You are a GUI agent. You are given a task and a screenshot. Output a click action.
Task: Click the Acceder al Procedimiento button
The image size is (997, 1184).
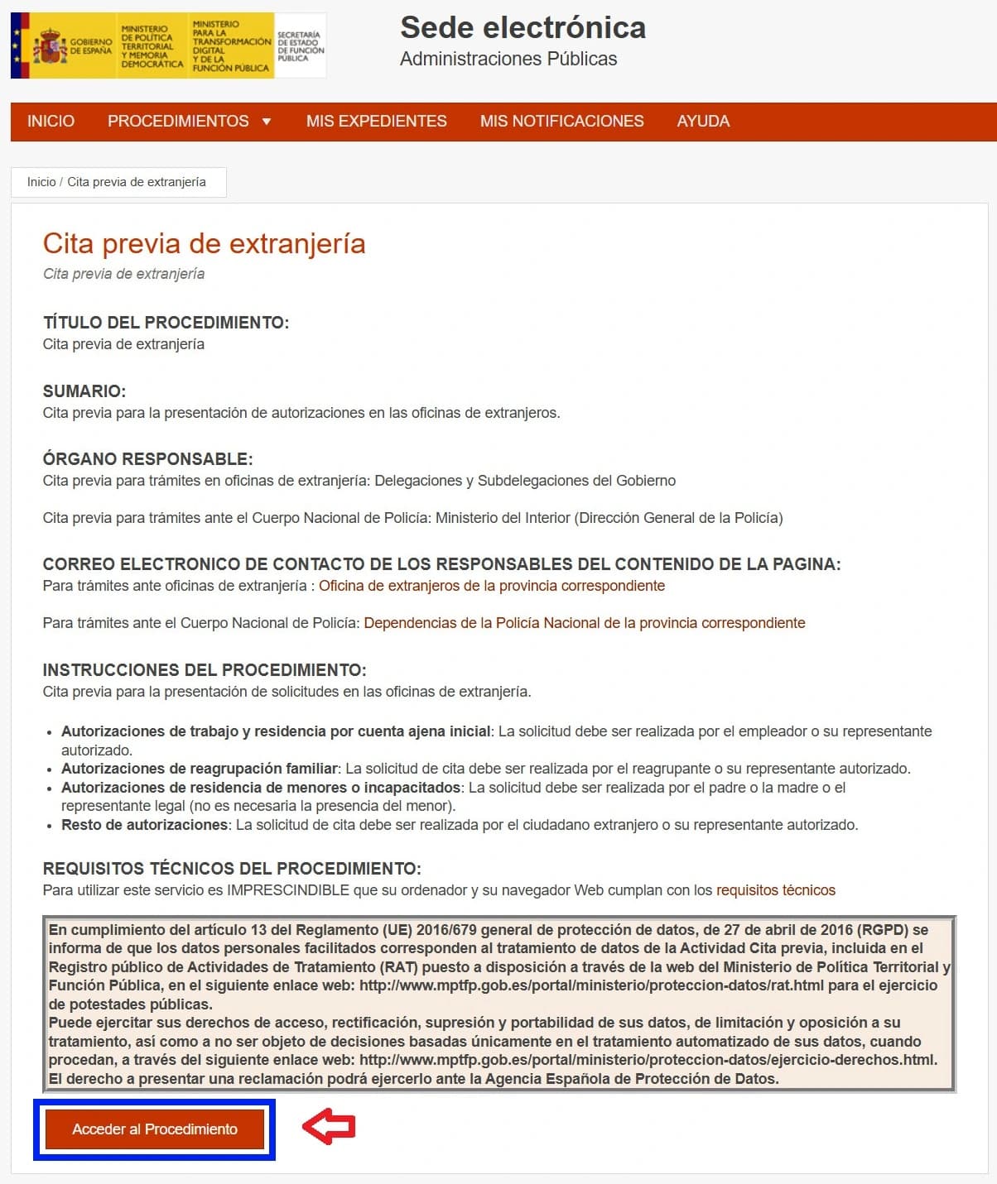155,1129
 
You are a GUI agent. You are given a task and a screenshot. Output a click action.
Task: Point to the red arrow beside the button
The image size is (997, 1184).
329,1126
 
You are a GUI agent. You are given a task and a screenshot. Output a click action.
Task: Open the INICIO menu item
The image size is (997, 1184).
51,122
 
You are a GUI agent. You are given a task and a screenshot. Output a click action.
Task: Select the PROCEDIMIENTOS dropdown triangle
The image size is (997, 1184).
267,122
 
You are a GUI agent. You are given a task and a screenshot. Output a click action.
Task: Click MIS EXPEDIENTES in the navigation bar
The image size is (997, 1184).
376,122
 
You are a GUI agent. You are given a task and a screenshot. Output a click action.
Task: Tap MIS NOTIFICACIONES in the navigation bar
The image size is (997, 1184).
561,122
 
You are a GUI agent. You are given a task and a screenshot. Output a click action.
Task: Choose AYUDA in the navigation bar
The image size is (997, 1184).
703,122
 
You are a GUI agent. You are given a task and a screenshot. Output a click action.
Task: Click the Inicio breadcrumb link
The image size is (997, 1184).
41,182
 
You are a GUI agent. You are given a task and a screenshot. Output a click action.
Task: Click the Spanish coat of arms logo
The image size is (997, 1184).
50,46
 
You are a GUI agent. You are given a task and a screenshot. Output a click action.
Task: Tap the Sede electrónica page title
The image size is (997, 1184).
523,28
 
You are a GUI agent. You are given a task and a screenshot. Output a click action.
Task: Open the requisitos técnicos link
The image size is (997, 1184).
775,890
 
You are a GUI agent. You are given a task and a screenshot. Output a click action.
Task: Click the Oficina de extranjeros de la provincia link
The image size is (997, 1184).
492,586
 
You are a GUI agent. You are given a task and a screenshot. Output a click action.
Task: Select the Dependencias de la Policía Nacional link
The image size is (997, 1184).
584,623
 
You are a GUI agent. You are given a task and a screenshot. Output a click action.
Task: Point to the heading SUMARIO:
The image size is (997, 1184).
84,391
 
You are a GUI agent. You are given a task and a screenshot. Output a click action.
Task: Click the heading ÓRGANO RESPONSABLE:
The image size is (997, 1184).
147,459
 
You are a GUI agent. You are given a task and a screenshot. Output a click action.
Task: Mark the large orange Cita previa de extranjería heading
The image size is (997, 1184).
204,244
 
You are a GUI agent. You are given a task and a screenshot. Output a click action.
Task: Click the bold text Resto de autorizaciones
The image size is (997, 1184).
144,825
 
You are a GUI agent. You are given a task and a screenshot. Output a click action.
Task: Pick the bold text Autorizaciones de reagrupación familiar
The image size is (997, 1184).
200,769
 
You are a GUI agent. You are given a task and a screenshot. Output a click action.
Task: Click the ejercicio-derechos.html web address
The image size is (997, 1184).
648,1060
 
